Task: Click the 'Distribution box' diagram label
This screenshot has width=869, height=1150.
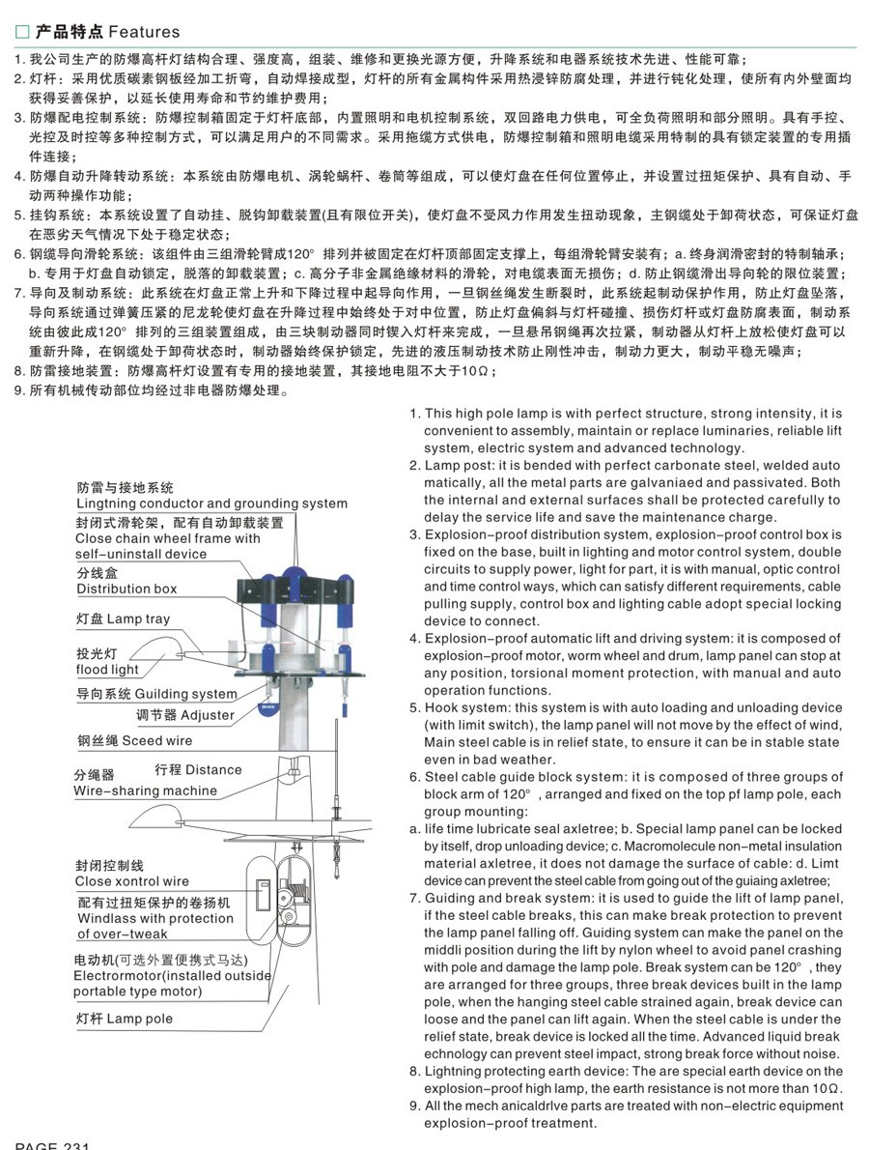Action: point(126,589)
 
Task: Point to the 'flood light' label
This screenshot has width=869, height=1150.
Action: point(107,670)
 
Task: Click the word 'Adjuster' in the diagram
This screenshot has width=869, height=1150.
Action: point(208,715)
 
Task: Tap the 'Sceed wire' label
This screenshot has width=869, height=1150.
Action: point(156,741)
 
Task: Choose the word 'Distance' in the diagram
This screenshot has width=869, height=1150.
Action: point(213,770)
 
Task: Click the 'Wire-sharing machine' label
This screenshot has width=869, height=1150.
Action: point(145,791)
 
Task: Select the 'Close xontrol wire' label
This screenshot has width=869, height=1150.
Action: point(132,881)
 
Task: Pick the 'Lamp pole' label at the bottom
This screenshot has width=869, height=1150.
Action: point(140,1019)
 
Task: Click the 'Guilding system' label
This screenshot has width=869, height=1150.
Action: point(185,694)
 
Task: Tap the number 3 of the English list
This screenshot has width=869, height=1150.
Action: point(414,534)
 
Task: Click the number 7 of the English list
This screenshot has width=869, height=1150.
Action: point(414,899)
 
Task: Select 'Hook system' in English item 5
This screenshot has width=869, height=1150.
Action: point(462,707)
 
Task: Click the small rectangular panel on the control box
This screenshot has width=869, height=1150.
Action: point(261,891)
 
